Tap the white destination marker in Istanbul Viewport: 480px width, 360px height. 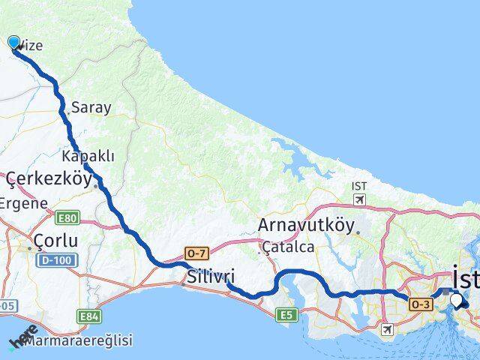pyautogui.click(x=457, y=301)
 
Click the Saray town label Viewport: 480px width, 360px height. pyautogui.click(x=91, y=107)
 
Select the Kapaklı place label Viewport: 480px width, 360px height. pyautogui.click(x=88, y=156)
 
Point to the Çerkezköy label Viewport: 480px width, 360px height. pyautogui.click(x=49, y=179)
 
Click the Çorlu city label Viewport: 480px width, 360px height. pyautogui.click(x=56, y=240)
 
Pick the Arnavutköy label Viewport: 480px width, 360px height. pyautogui.click(x=304, y=224)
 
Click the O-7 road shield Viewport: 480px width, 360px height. pyautogui.click(x=196, y=255)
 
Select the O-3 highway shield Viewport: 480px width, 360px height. pyautogui.click(x=420, y=303)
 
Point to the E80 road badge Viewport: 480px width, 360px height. pyautogui.click(x=67, y=217)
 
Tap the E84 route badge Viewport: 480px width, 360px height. pyautogui.click(x=90, y=317)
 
